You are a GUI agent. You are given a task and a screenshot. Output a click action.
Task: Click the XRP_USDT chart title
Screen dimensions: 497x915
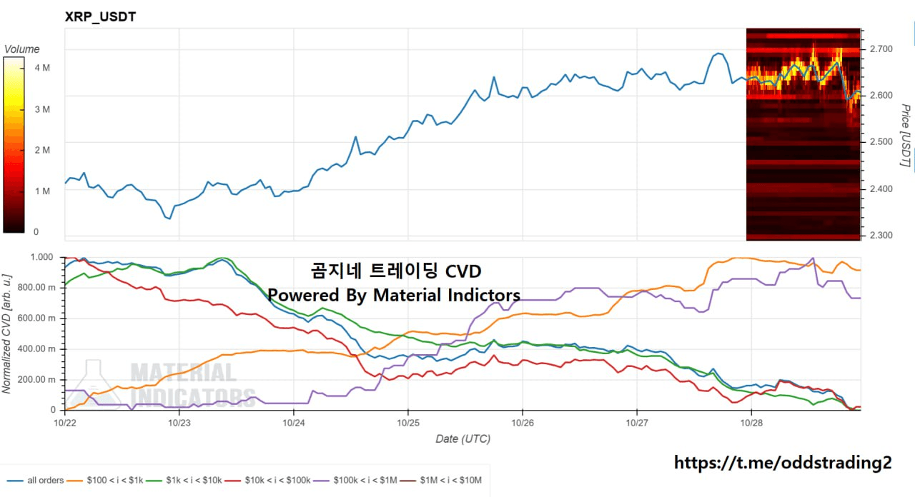tap(100, 16)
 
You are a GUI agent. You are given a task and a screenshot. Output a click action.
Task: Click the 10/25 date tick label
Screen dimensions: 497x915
tap(407, 423)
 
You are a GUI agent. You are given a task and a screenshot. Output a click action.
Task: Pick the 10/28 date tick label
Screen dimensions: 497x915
tap(751, 423)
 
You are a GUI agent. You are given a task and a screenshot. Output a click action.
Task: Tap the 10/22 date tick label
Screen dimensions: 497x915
tap(65, 423)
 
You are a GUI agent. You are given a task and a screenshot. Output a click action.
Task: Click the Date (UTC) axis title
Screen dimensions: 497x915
tap(463, 438)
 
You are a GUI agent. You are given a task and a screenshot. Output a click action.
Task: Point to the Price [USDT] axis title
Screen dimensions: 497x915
tap(905, 136)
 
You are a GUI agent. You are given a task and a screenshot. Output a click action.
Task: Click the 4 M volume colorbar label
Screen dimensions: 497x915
tap(41, 68)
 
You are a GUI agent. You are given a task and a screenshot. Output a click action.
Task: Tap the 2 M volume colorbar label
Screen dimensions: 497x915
tap(41, 150)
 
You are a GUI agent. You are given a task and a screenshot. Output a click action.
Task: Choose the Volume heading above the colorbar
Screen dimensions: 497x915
tap(22, 49)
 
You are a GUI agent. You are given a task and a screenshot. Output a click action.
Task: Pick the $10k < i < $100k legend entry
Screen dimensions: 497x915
tap(271, 481)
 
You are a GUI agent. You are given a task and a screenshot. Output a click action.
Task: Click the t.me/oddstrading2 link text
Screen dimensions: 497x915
tap(783, 463)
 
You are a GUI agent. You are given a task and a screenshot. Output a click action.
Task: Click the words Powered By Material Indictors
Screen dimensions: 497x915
tap(394, 295)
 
